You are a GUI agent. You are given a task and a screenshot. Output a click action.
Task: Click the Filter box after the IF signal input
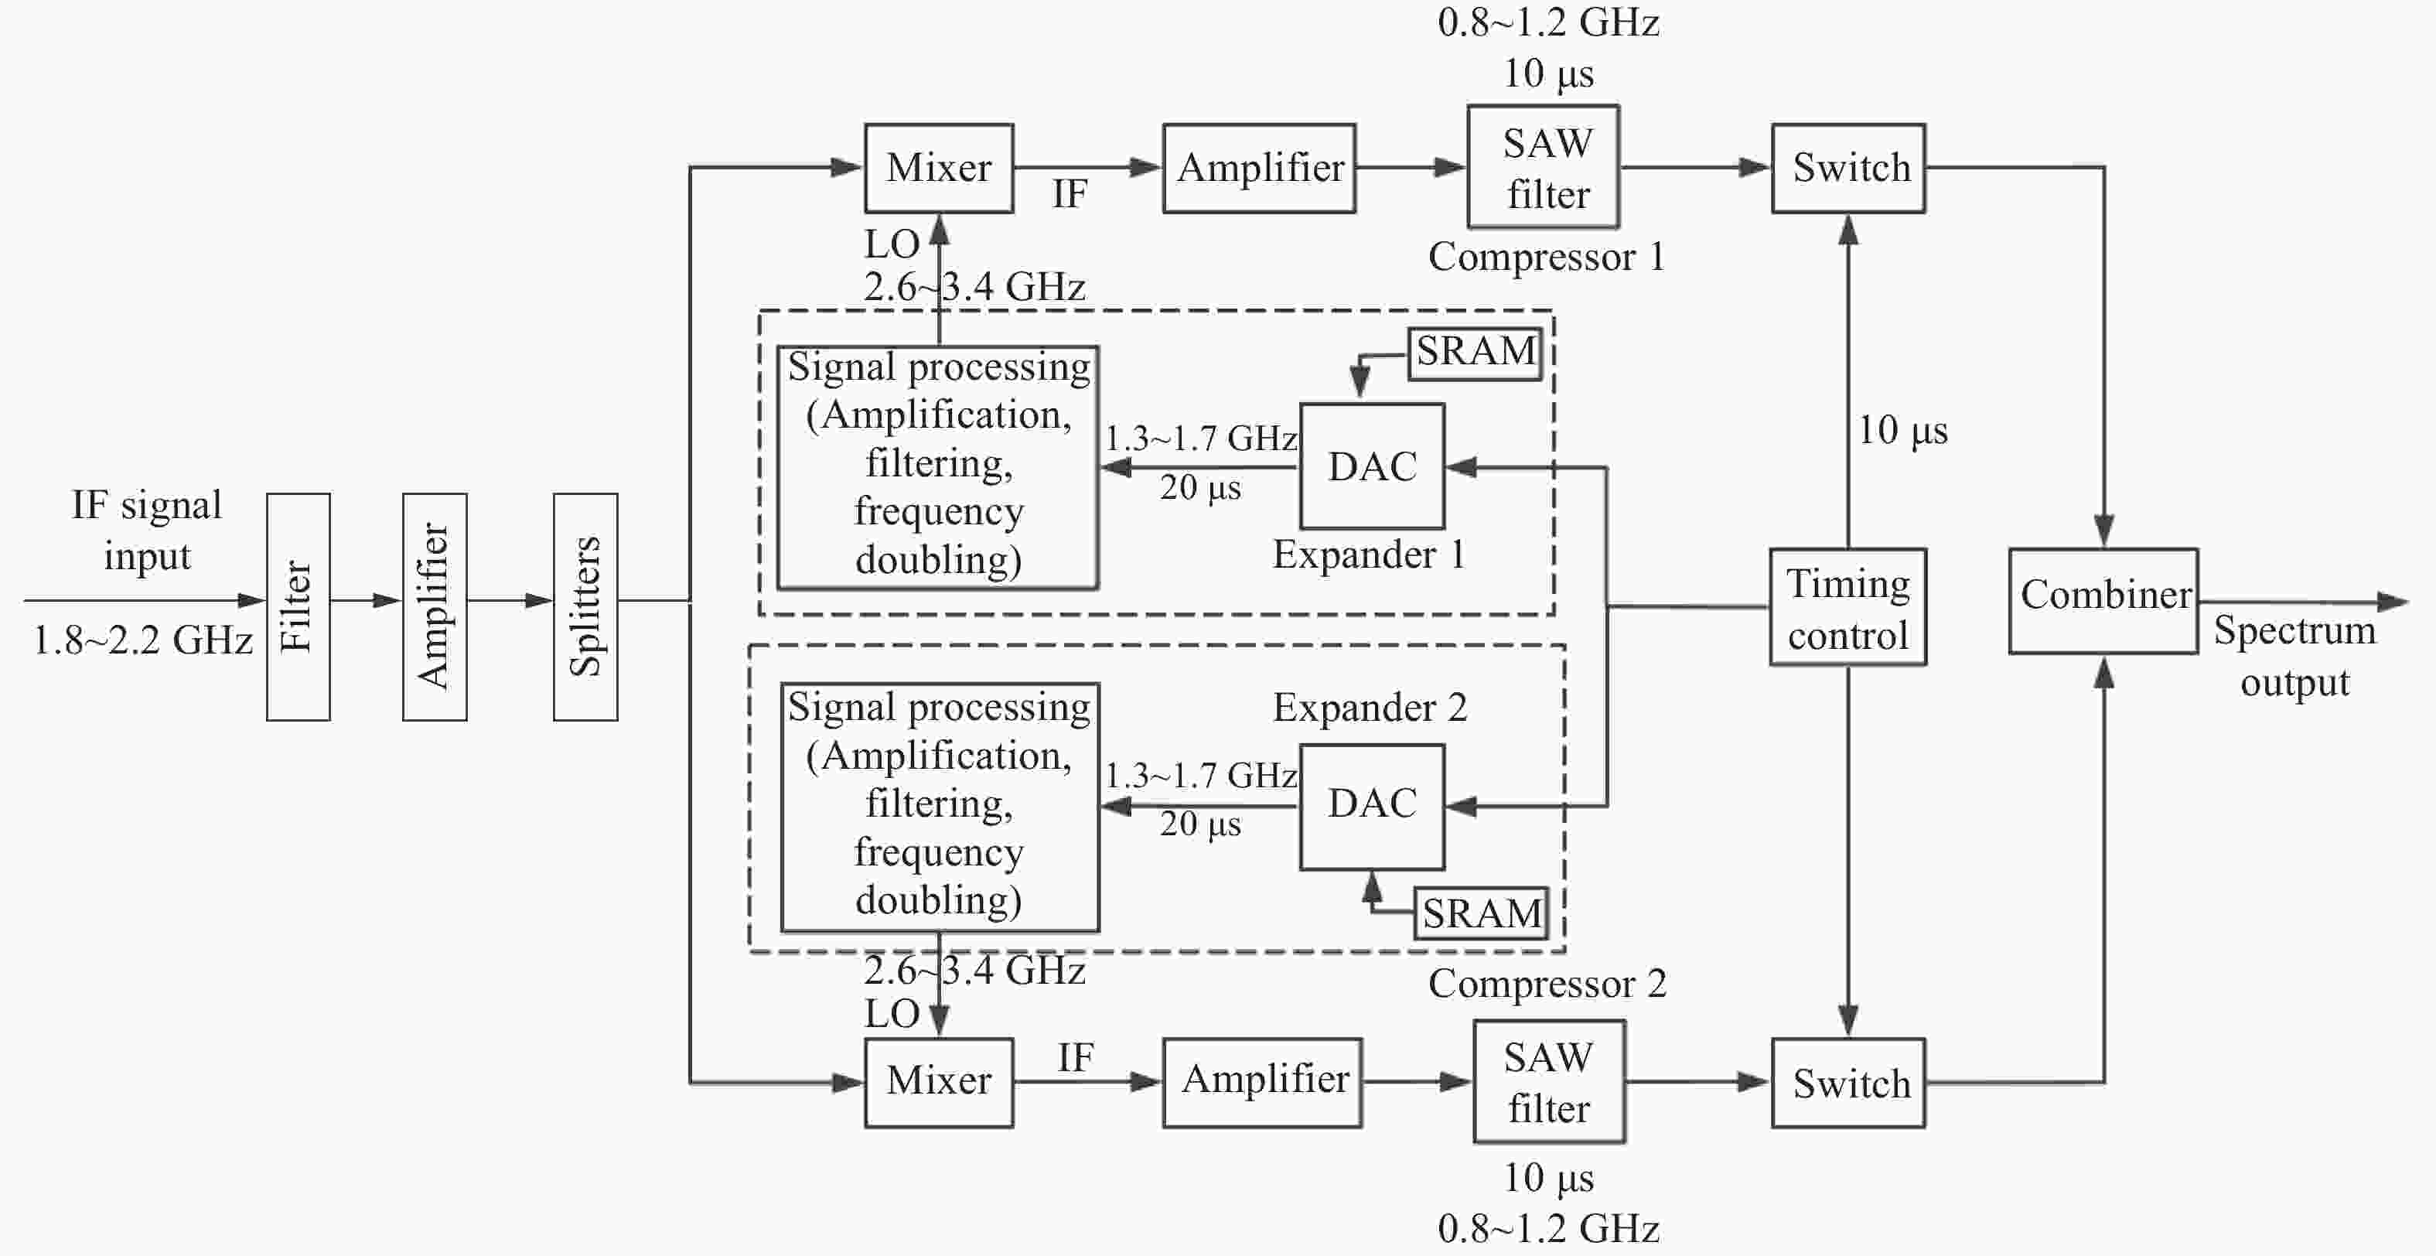[x=298, y=606]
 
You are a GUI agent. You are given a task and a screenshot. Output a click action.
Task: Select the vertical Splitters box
[x=585, y=606]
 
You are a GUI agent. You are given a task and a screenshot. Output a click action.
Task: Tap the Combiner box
[x=2103, y=601]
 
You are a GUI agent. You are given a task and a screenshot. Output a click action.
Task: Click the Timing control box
[x=1847, y=606]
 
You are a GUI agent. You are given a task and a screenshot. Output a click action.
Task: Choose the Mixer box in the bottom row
[x=939, y=1083]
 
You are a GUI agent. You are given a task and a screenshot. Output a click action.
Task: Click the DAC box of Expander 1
[x=1372, y=466]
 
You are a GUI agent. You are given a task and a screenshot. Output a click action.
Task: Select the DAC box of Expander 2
[x=1372, y=807]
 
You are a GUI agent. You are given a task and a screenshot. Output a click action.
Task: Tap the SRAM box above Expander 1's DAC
[x=1476, y=353]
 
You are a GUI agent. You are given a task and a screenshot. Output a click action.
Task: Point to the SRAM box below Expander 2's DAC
[x=1481, y=913]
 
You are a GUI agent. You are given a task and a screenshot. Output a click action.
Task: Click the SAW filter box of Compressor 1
[x=1544, y=166]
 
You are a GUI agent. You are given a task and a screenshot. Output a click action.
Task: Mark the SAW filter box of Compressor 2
[x=1549, y=1081]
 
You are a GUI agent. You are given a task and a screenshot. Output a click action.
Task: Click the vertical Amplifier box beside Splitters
[x=435, y=606]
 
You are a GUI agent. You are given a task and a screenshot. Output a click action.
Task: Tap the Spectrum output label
[x=2294, y=655]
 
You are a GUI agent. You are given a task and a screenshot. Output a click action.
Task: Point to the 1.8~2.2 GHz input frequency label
[x=143, y=640]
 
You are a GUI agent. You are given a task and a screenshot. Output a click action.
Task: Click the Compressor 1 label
[x=1546, y=256]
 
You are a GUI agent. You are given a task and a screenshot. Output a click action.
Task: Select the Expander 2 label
[x=1370, y=708]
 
